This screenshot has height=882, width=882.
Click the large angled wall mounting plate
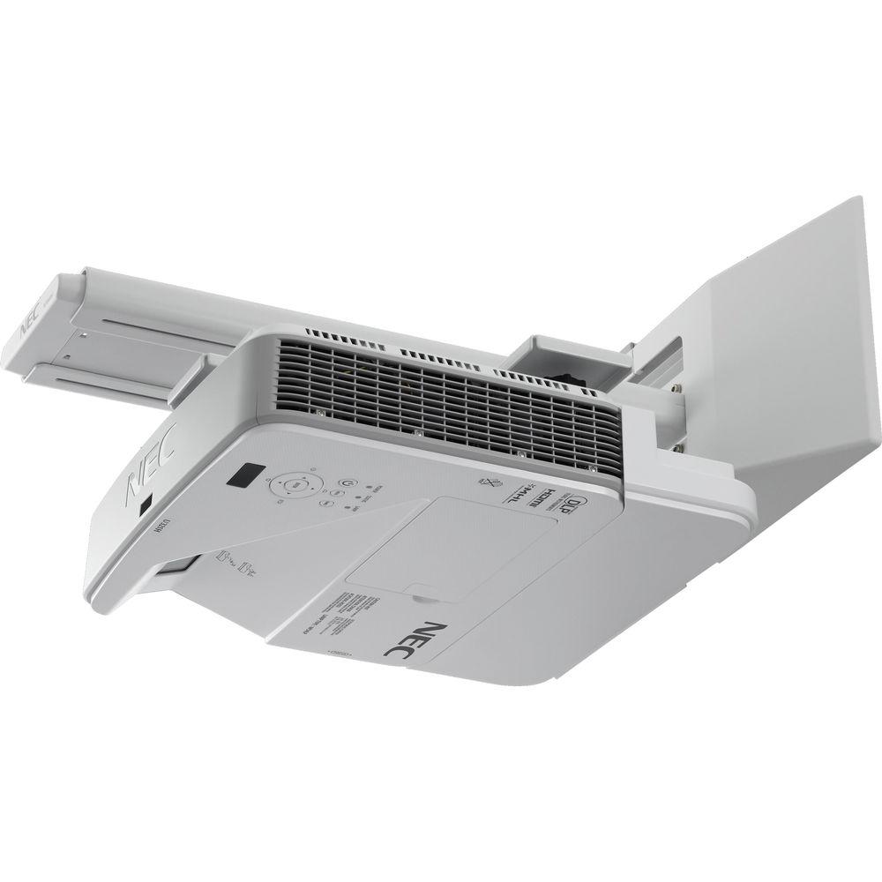[767, 335]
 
